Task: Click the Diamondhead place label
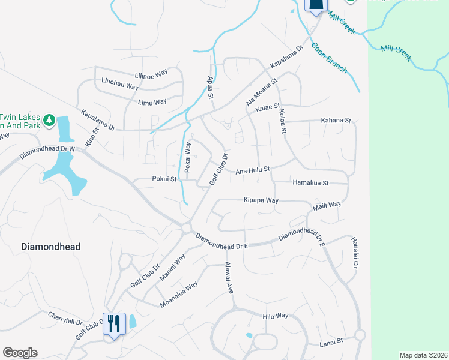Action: [x=50, y=247]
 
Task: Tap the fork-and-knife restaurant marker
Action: [x=113, y=324]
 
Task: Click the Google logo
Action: [x=20, y=353]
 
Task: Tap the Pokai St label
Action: [x=164, y=179]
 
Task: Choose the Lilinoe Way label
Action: [x=151, y=74]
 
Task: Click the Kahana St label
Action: [x=336, y=121]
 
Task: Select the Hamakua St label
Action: [x=310, y=182]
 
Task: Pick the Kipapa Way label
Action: [x=261, y=200]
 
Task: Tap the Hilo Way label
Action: [x=276, y=316]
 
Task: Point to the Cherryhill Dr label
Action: [x=66, y=318]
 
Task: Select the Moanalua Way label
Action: [x=179, y=295]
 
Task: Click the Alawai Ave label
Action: [x=229, y=277]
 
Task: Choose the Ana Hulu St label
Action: [x=253, y=170]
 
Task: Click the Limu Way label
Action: [x=152, y=102]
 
